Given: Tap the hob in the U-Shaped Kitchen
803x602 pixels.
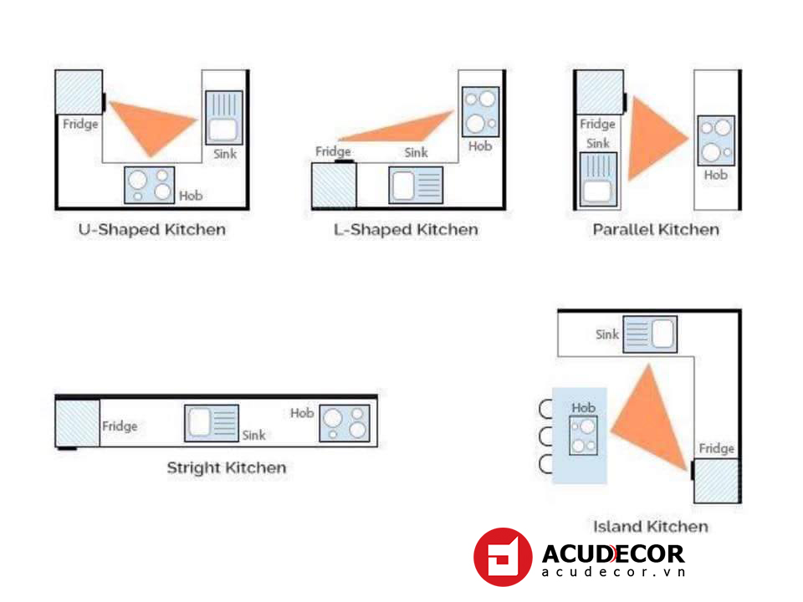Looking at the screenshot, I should pos(150,185).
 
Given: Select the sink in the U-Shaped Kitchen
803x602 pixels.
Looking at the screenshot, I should pos(224,117).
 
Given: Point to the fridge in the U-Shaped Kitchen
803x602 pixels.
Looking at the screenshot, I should pos(79,92).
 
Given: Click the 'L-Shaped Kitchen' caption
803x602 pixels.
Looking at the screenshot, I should pos(405,229).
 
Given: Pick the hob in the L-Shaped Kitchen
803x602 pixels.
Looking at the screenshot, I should pos(480,111).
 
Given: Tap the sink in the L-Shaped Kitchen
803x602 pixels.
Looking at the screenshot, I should pos(416,185).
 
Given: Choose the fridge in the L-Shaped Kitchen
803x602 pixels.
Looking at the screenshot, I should pos(334,185).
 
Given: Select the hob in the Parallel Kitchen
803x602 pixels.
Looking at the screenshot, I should pos(715,140).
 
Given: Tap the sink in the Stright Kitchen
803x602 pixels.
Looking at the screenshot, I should pos(212,423).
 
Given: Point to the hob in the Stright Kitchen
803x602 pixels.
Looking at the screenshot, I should pos(344,423).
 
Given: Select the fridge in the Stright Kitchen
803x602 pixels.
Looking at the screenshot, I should pos(77,423).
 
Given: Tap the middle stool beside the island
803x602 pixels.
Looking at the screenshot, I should pos(547,436).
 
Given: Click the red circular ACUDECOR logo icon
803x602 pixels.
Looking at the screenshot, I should pos(502,556).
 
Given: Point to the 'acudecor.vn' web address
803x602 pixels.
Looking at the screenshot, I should pos(613,572).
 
